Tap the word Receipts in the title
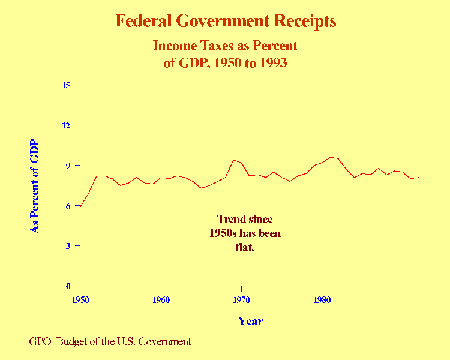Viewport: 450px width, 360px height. (305, 22)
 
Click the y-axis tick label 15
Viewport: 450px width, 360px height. (67, 85)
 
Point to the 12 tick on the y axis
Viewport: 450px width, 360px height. (67, 125)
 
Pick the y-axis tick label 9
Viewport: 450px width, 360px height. (69, 166)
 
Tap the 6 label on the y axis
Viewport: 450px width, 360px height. (69, 206)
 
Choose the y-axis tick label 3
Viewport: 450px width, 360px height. (69, 246)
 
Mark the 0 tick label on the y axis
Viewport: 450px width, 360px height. (69, 286)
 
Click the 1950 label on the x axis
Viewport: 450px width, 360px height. (80, 298)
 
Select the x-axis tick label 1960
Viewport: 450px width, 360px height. (161, 298)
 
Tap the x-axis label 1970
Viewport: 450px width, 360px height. (241, 298)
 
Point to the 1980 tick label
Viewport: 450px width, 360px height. (322, 298)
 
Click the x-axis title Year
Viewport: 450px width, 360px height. (250, 321)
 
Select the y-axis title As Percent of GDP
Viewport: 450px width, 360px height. (34, 186)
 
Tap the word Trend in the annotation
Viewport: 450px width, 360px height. (231, 219)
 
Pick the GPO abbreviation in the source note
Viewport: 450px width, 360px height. (40, 341)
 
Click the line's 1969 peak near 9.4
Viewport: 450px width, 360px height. (233, 160)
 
